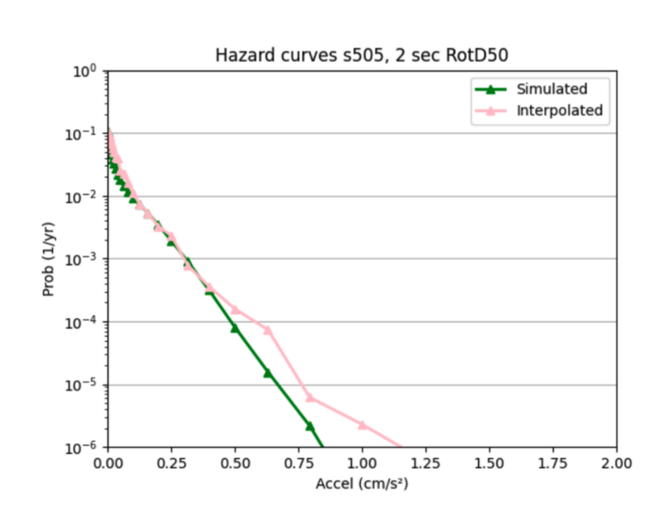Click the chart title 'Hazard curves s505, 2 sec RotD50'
(x=362, y=56)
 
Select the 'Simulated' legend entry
(x=552, y=89)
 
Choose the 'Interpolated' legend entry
(x=560, y=110)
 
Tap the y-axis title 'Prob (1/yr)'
(x=48, y=259)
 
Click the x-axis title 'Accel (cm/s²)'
(x=362, y=484)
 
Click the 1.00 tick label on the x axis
(x=362, y=464)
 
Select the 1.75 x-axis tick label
(x=553, y=464)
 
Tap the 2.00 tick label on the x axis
(x=616, y=464)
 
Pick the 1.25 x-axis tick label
(x=426, y=464)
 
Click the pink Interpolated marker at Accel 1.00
(x=362, y=425)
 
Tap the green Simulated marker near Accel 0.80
(x=310, y=426)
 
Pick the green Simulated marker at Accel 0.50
(x=235, y=328)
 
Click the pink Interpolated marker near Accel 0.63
(x=268, y=330)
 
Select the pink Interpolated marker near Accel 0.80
(x=310, y=397)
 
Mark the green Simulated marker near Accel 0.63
(x=268, y=373)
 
